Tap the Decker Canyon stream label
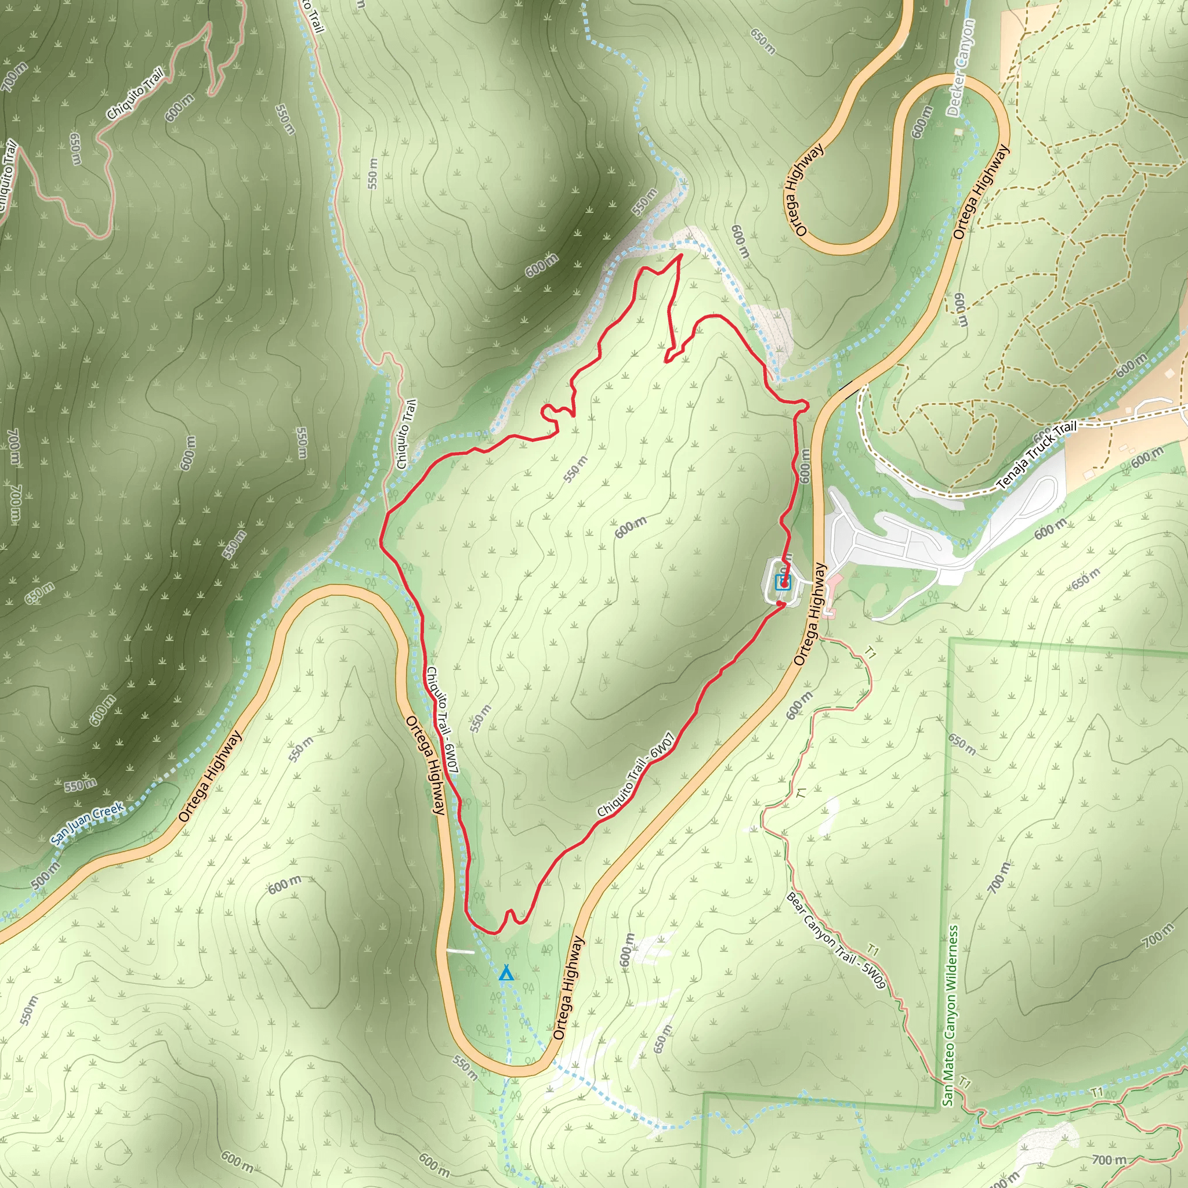(x=961, y=67)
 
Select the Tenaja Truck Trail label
(x=1037, y=455)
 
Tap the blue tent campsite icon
(x=505, y=973)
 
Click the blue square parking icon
(x=782, y=582)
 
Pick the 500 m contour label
(x=45, y=875)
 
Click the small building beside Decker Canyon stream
(x=958, y=132)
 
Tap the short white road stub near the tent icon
(x=460, y=951)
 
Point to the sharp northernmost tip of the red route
(x=680, y=255)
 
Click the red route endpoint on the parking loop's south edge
(x=780, y=604)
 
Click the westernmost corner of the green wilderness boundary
(x=704, y=1094)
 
